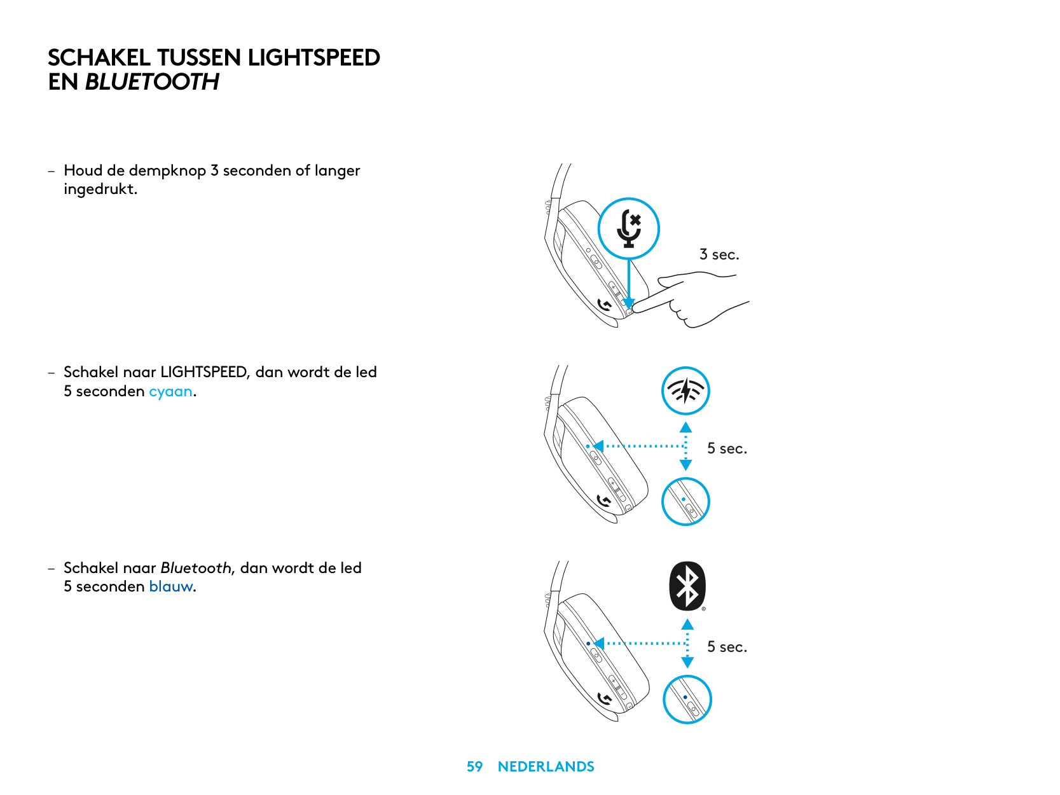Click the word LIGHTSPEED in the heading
click(313, 58)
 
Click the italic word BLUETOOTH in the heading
click(152, 82)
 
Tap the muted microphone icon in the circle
click(629, 228)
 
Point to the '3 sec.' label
click(719, 254)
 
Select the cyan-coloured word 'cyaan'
click(170, 391)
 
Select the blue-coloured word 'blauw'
click(171, 586)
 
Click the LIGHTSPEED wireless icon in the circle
click(685, 391)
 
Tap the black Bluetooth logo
click(687, 586)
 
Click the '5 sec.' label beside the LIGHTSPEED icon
click(727, 448)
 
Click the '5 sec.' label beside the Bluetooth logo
click(727, 647)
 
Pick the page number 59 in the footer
click(474, 766)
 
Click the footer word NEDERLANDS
click(546, 766)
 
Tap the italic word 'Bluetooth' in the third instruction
click(196, 568)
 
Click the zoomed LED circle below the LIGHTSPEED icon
click(685, 501)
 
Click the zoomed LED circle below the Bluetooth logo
click(687, 700)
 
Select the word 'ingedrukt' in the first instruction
click(99, 189)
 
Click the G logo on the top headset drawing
click(605, 306)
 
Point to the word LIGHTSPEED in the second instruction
click(203, 372)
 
